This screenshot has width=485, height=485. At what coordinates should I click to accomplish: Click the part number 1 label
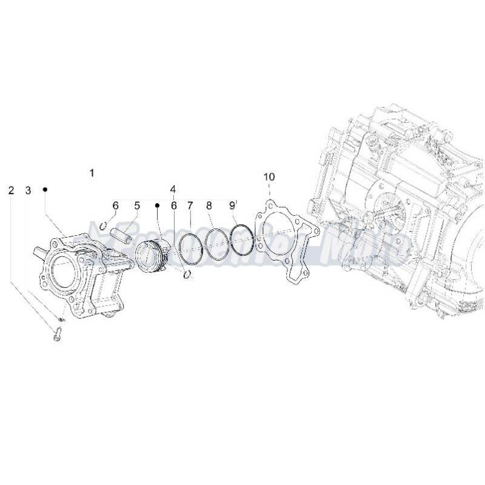(92, 173)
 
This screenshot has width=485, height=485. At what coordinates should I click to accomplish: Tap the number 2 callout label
(11, 190)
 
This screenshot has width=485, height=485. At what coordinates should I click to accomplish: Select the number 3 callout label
(28, 190)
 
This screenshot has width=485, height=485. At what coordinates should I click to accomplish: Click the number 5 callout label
(137, 206)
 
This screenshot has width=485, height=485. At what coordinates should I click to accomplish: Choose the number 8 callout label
(209, 206)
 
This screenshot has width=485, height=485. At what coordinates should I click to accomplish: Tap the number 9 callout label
(232, 206)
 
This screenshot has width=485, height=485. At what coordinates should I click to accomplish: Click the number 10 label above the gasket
(269, 176)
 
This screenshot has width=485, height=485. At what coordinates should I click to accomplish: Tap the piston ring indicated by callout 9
(241, 241)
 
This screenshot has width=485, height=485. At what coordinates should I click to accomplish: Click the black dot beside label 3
(45, 190)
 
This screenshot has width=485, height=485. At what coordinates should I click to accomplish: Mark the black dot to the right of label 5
(156, 206)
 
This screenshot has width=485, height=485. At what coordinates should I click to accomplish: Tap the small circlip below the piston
(188, 274)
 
